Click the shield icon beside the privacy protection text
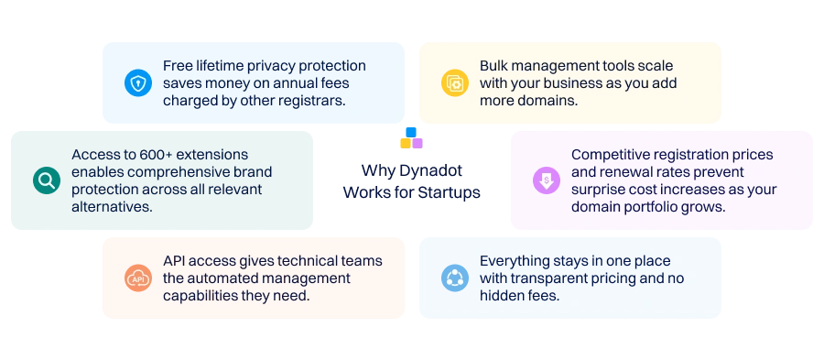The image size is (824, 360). click(x=137, y=83)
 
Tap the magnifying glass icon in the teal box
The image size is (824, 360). click(x=46, y=180)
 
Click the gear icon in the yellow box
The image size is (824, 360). click(x=454, y=83)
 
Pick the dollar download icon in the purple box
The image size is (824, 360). click(x=545, y=180)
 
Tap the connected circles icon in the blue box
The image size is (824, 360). click(x=454, y=278)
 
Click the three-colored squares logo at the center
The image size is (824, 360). click(x=411, y=138)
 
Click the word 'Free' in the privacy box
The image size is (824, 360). click(x=179, y=66)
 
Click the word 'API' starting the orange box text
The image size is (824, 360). click(x=175, y=261)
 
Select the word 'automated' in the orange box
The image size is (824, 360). click(x=230, y=278)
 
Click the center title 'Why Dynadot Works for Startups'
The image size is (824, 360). click(x=411, y=181)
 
